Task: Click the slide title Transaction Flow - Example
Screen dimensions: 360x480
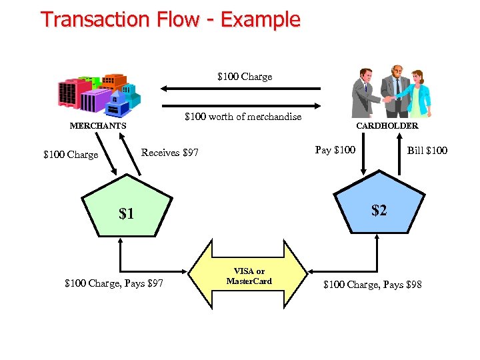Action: coord(171,19)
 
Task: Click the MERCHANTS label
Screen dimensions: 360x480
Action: coord(98,125)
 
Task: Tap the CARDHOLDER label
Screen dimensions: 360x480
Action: coord(387,125)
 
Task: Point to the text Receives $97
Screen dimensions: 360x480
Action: coord(169,153)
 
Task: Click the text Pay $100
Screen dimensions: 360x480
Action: coord(335,149)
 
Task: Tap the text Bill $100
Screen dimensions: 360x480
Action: coord(427,150)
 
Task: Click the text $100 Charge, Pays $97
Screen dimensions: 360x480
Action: coord(114,285)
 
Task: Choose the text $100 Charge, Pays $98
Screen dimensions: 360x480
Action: coord(372,285)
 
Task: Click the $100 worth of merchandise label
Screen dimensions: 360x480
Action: coord(243,117)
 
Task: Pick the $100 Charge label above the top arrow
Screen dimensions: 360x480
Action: coord(245,77)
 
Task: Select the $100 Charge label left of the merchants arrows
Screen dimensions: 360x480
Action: coord(71,155)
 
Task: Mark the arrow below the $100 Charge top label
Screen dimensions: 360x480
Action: coord(240,88)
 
